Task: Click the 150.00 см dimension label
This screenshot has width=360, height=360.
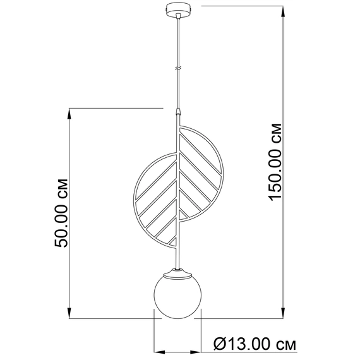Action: pos(275,162)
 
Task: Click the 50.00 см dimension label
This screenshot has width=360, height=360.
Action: pos(61,213)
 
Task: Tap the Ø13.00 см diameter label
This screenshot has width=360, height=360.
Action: pos(255,344)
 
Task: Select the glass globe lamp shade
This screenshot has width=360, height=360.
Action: pos(177,296)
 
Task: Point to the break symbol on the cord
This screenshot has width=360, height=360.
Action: pos(177,68)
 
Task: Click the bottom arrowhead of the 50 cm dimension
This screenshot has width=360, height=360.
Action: pos(69,312)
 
